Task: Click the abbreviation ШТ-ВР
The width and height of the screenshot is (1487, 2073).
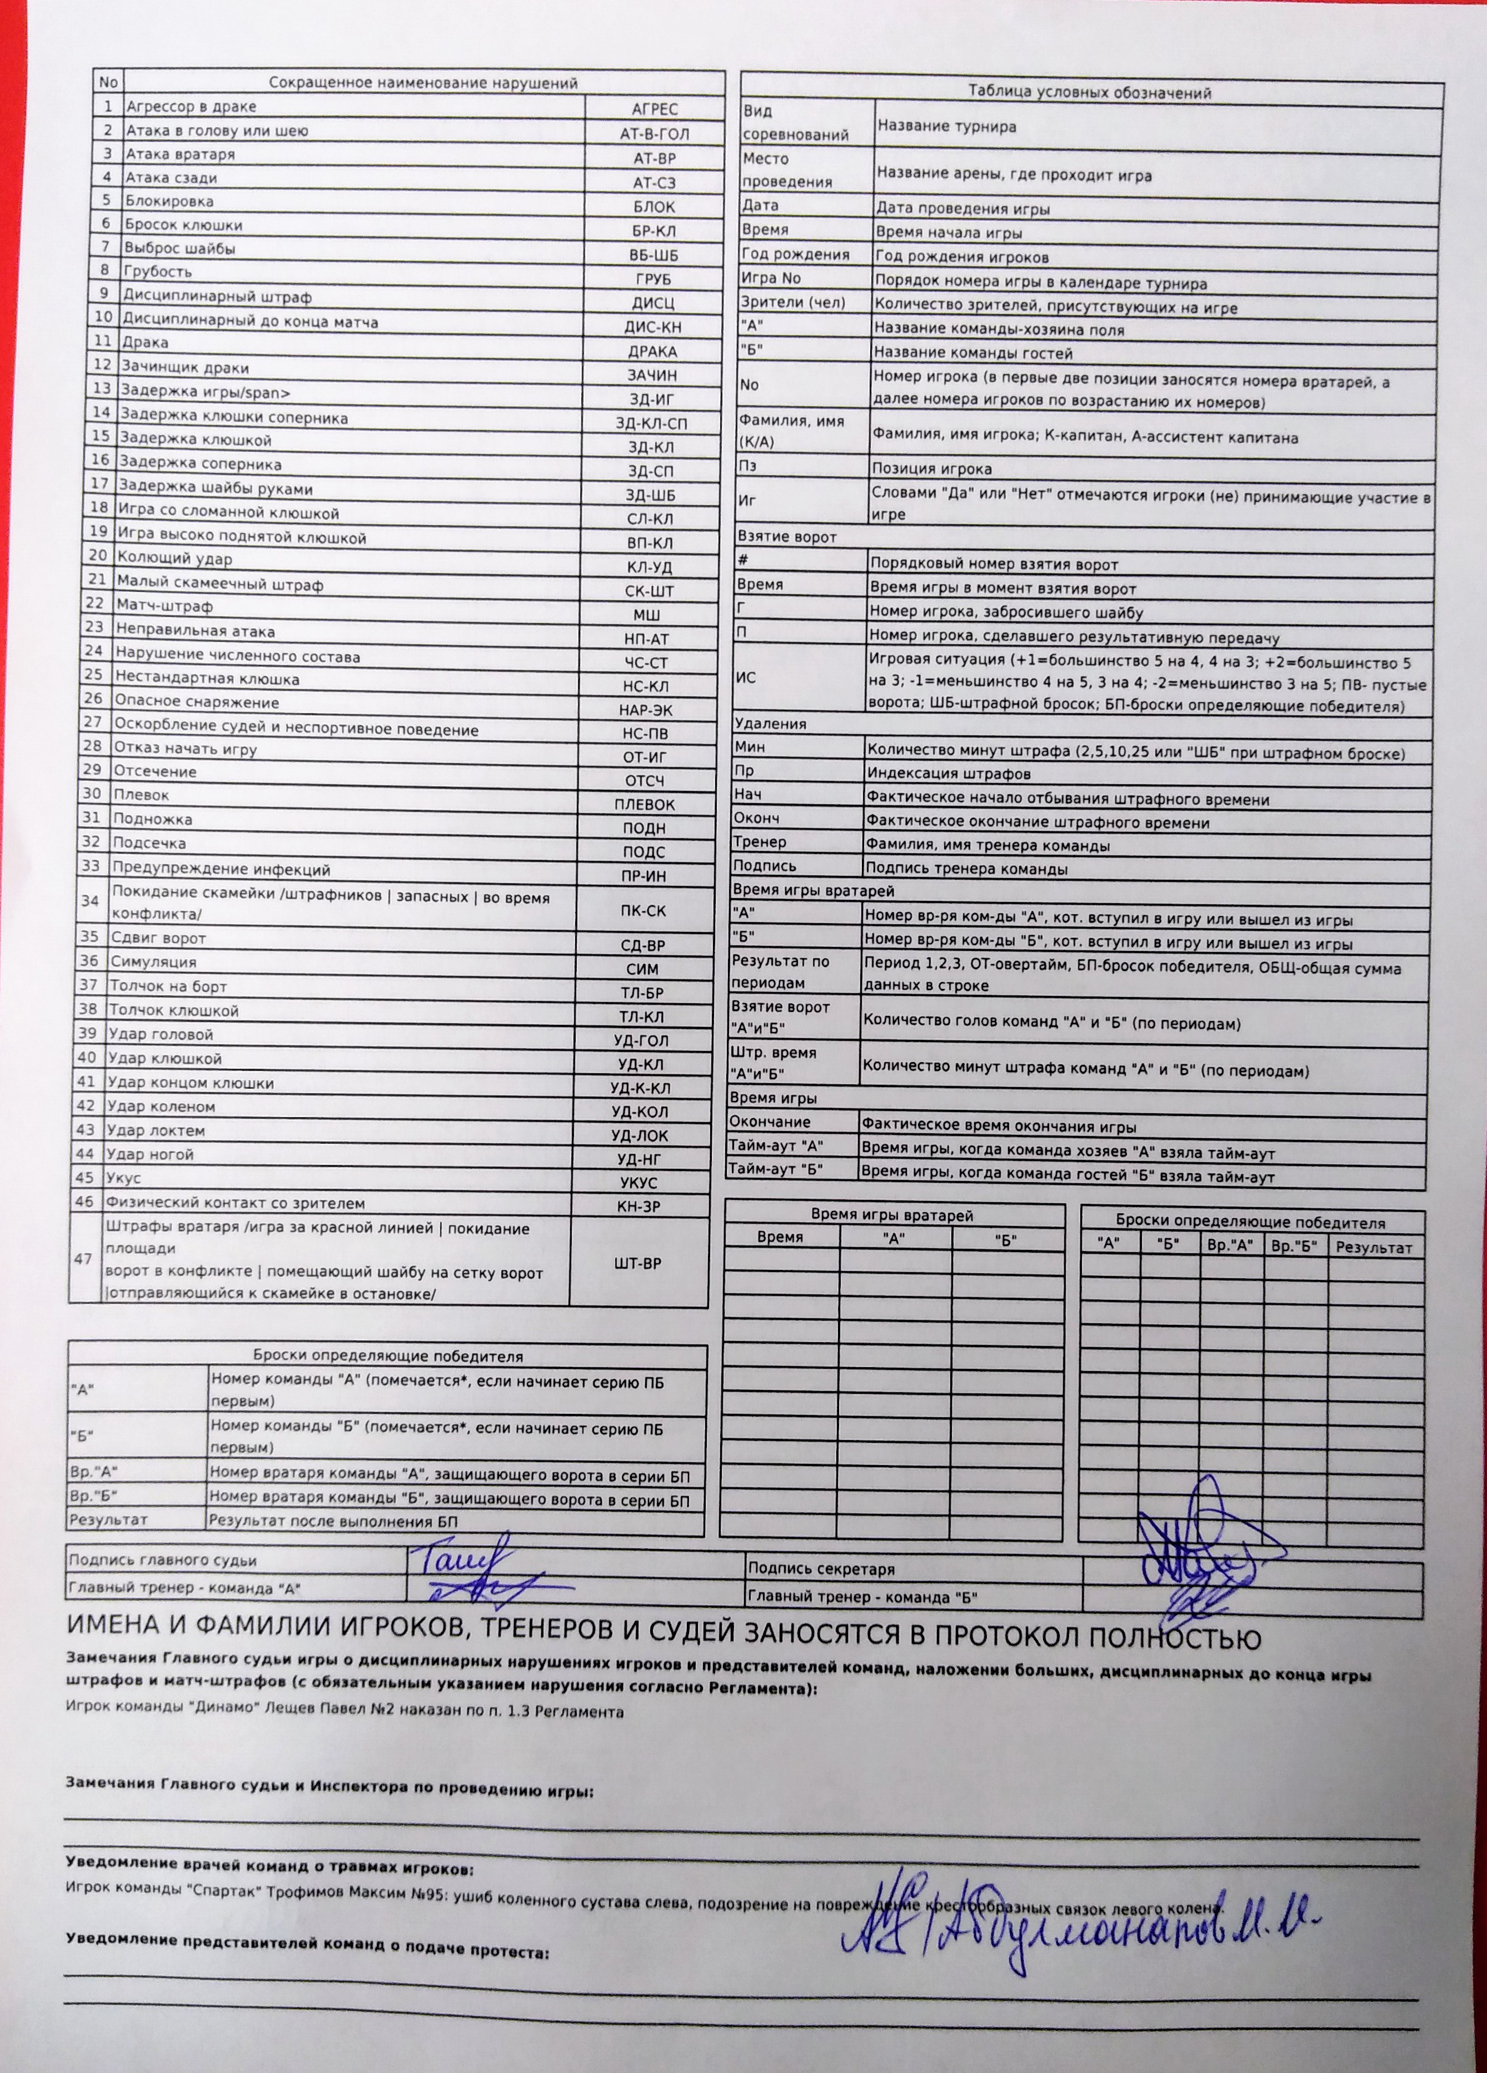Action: coord(639,1262)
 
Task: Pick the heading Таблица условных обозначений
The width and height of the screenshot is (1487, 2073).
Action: coord(1090,92)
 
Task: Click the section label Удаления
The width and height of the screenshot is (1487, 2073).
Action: coord(771,724)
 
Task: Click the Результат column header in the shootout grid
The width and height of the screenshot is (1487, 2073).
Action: coord(1374,1248)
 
